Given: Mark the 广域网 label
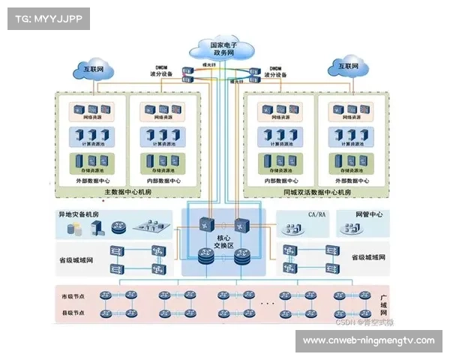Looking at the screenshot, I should (x=384, y=303).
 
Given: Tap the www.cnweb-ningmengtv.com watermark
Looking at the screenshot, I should (x=368, y=340).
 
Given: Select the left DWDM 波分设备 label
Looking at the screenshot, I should (x=163, y=70).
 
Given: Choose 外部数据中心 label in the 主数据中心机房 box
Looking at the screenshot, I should (x=92, y=181).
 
